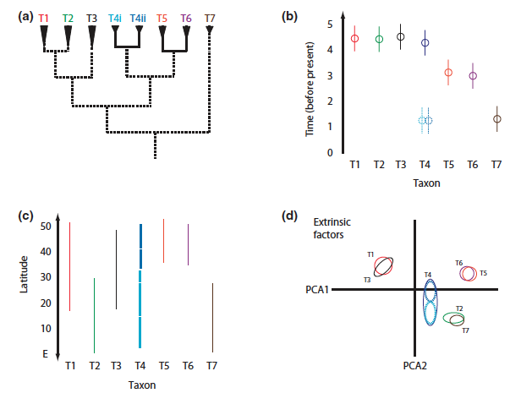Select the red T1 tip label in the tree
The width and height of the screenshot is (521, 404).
pyautogui.click(x=45, y=17)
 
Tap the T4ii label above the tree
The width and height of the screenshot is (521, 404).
pyautogui.click(x=138, y=17)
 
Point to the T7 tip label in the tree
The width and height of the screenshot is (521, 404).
pyautogui.click(x=210, y=17)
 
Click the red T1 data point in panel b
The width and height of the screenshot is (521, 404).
pyautogui.click(x=355, y=38)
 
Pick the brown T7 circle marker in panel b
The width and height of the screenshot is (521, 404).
pyautogui.click(x=497, y=119)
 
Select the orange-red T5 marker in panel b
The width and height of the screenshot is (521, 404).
pyautogui.click(x=449, y=73)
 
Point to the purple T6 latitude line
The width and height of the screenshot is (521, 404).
pyautogui.click(x=188, y=245)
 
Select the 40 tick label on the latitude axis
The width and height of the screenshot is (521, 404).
pyautogui.click(x=45, y=252)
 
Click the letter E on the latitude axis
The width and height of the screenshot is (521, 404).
pyautogui.click(x=46, y=355)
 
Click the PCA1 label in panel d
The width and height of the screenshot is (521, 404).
pyautogui.click(x=318, y=289)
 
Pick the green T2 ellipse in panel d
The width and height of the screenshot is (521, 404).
pyautogui.click(x=453, y=318)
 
